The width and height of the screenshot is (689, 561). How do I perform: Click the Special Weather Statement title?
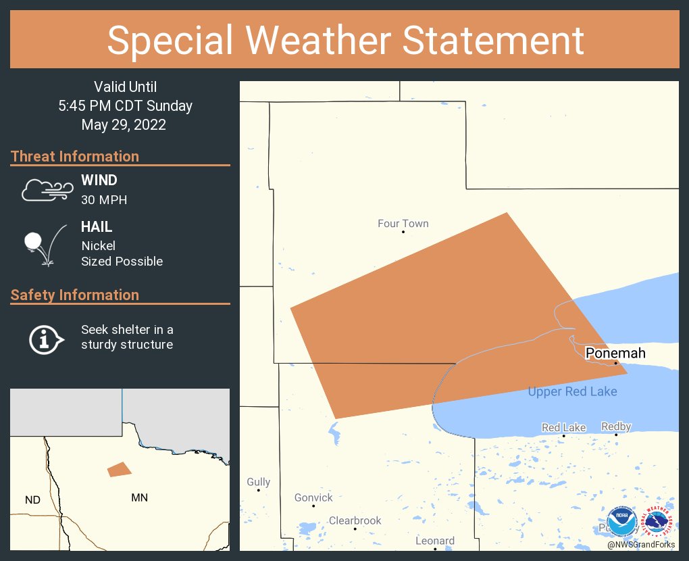coord(345,40)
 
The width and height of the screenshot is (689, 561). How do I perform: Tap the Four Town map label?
coord(403,224)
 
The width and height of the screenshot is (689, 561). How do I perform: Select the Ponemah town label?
coord(615,353)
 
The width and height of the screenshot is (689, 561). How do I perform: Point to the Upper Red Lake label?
coord(572,391)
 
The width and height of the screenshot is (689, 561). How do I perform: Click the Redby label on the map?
coord(615,426)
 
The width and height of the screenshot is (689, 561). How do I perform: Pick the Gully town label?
coord(258,482)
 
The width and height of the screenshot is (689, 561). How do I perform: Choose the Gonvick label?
coord(313,497)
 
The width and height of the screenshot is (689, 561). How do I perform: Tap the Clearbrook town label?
coord(355,520)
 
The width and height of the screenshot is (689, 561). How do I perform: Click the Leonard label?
coord(435,541)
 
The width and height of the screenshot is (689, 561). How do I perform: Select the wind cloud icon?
coord(47,191)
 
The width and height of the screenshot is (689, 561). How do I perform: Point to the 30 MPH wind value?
coord(104,200)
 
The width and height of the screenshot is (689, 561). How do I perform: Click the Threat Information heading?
coord(75,156)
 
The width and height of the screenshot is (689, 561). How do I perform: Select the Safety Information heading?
coord(75,295)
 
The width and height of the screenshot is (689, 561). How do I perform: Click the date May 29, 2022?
coord(124,124)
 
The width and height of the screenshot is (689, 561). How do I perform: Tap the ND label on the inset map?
coord(32,500)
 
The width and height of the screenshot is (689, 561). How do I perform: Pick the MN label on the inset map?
coord(139,498)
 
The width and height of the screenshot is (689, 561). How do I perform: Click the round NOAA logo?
coord(621,522)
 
